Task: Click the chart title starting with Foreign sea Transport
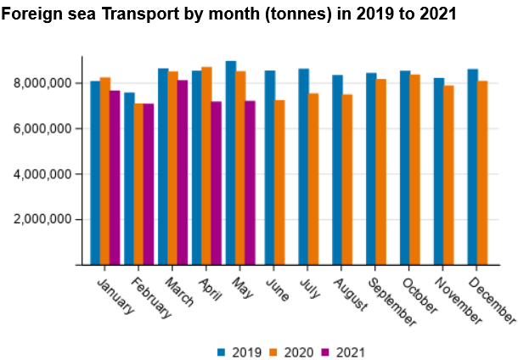pyautogui.click(x=228, y=14)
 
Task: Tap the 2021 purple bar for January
pyautogui.click(x=115, y=177)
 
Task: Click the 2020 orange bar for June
pyautogui.click(x=279, y=183)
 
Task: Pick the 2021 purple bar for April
pyautogui.click(x=217, y=183)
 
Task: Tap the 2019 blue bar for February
pyautogui.click(x=129, y=178)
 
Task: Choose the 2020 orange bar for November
pyautogui.click(x=448, y=175)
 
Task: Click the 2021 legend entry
pyautogui.click(x=351, y=352)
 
